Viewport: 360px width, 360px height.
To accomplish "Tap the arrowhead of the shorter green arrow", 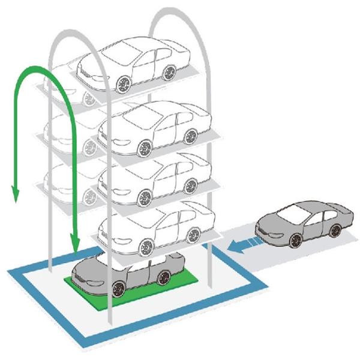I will (x=15, y=196).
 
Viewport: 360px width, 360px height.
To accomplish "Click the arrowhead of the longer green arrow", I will (x=74, y=245).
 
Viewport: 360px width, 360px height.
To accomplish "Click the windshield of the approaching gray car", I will (x=293, y=212).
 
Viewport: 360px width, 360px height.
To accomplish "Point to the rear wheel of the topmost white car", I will (x=169, y=73).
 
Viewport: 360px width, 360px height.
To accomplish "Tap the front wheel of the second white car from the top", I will (x=145, y=148).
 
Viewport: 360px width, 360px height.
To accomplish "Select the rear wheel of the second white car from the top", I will (x=190, y=136).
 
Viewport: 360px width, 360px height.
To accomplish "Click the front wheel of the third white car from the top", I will (x=145, y=196).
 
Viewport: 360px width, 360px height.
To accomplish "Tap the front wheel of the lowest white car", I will (x=145, y=247).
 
